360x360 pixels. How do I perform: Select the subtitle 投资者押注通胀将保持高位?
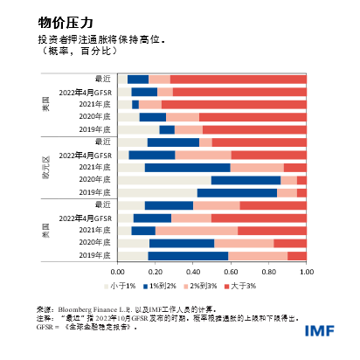[103, 40]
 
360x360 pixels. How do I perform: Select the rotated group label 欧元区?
[45, 166]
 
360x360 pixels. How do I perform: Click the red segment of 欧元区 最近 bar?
[259, 142]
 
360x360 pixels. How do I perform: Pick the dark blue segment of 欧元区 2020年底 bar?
[246, 179]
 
